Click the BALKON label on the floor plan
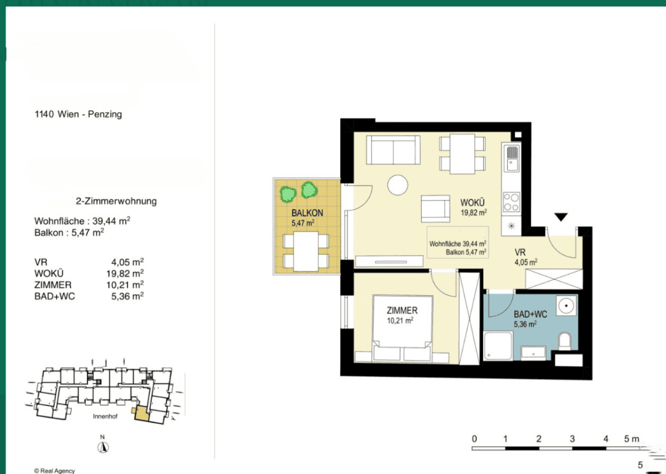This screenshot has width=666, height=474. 307,213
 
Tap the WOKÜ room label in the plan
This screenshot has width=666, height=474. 472,203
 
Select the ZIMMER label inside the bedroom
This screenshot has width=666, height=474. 402,310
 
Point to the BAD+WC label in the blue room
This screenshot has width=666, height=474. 531,314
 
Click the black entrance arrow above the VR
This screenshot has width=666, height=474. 561,217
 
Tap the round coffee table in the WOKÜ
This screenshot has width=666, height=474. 397,185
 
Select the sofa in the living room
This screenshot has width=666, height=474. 393,150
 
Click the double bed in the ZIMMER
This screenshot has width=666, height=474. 402,328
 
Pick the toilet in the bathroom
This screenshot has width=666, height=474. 565,341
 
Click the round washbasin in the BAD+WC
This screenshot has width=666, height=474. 566,306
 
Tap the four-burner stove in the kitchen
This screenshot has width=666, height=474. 511,202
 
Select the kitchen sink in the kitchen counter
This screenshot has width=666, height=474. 511,158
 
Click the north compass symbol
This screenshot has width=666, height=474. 103,447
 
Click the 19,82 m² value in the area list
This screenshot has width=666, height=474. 125,273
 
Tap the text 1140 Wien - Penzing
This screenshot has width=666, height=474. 78,115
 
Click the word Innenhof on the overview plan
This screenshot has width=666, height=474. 105,416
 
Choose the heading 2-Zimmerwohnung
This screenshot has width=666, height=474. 116,201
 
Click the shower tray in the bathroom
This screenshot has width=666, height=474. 498,346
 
